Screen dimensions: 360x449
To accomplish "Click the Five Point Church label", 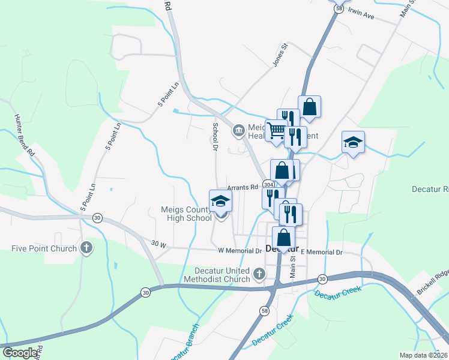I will pos(44,248).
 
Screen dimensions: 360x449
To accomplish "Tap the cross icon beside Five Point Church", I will pos(87,248).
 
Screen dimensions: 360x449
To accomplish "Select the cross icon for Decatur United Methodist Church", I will pos(259,274).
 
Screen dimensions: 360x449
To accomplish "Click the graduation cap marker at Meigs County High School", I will pos(220,201).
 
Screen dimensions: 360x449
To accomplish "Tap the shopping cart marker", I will pos(276,130).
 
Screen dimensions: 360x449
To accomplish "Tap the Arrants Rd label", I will pos(242,187).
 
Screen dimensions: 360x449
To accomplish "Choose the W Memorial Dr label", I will pos(240,250).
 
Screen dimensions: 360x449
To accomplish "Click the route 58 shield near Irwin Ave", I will pos(340,9).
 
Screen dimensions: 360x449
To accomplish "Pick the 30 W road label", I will pos(158,244).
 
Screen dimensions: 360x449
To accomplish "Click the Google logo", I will pos(20,353).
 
